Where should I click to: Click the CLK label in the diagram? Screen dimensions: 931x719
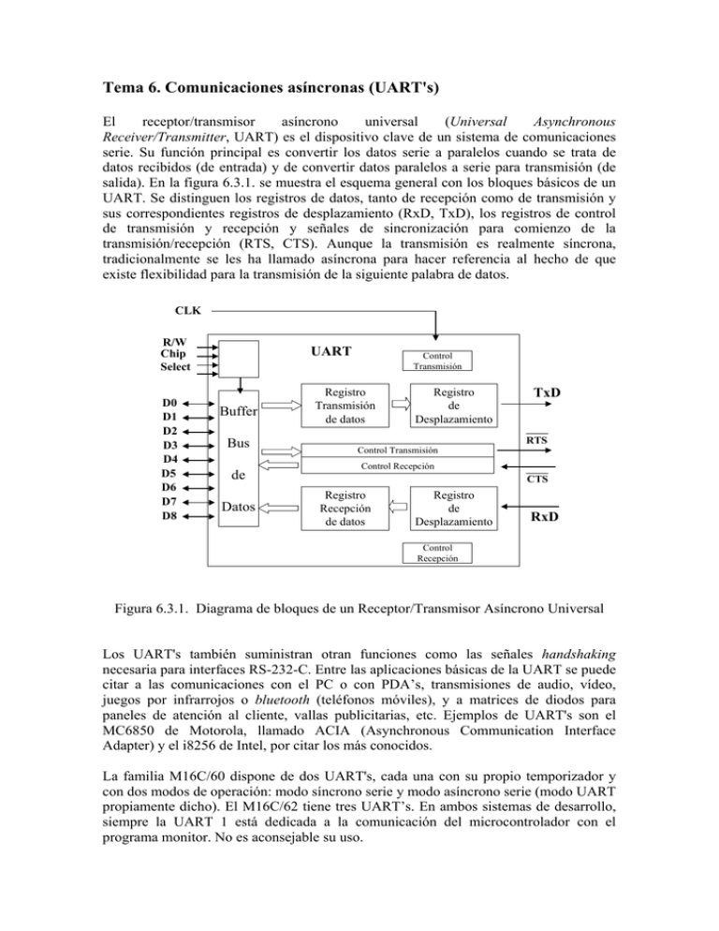188,308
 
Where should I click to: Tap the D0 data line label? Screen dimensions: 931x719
170,402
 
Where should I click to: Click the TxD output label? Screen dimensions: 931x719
548,392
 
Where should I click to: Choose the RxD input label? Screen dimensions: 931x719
548,516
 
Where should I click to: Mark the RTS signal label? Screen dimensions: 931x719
537,438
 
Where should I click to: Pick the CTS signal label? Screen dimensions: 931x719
537,480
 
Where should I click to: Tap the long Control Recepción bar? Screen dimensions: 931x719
399,465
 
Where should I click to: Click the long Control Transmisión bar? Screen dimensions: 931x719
399,449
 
